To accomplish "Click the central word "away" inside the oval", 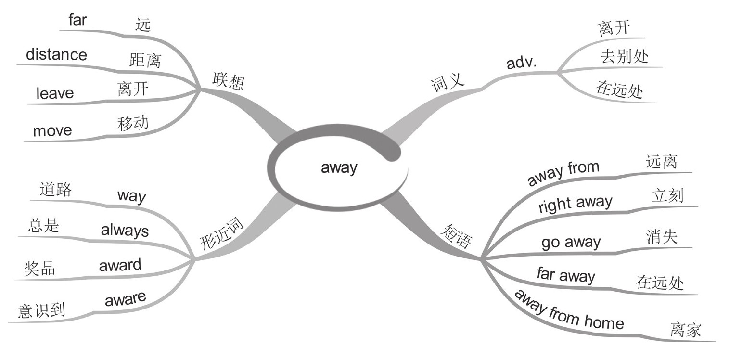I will (339, 167).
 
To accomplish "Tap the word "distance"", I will (56, 54).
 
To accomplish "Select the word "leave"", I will (55, 93).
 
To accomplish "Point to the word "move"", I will (52, 130).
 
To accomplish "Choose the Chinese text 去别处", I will (624, 57).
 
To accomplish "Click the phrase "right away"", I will (575, 204).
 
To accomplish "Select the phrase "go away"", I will (571, 242).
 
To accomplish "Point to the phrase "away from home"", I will (569, 309).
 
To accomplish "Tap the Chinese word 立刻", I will (667, 196).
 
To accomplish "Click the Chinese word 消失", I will (661, 237).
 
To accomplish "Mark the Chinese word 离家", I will (685, 331).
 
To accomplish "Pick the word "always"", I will (125, 231).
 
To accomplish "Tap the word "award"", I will (120, 265).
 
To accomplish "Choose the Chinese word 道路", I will (55, 190).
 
